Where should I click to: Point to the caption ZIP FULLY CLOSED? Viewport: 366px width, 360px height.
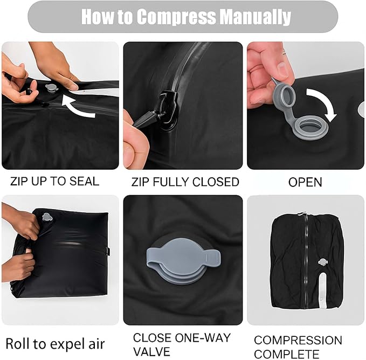(185, 182)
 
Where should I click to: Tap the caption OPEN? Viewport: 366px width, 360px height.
(305, 182)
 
